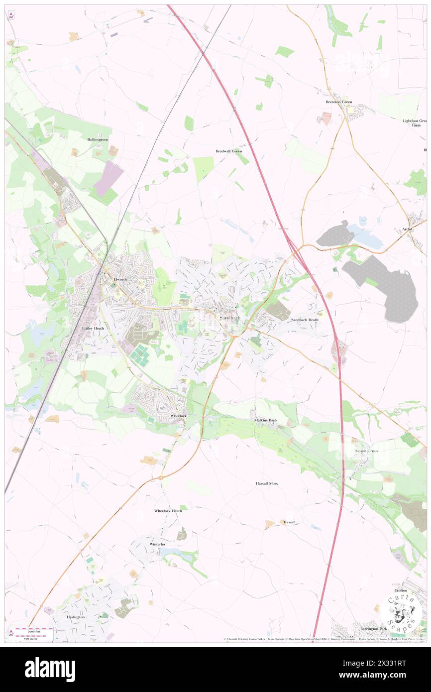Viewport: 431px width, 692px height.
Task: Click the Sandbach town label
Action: [x=230, y=318]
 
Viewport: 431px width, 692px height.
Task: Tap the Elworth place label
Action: [x=120, y=279]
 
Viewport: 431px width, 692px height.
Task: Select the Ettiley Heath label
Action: [x=93, y=328]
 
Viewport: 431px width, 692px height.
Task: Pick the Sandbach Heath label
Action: [x=305, y=320]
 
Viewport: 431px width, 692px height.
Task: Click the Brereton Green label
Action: [x=339, y=102]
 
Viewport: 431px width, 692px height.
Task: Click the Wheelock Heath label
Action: [x=168, y=511]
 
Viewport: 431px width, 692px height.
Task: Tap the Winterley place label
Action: [x=157, y=545]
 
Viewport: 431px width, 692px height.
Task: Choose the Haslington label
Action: [x=76, y=617]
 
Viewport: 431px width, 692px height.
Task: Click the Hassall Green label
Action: [x=366, y=451]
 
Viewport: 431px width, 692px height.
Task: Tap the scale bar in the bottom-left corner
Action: [x=31, y=634]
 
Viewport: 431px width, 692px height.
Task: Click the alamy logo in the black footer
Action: [x=50, y=669]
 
